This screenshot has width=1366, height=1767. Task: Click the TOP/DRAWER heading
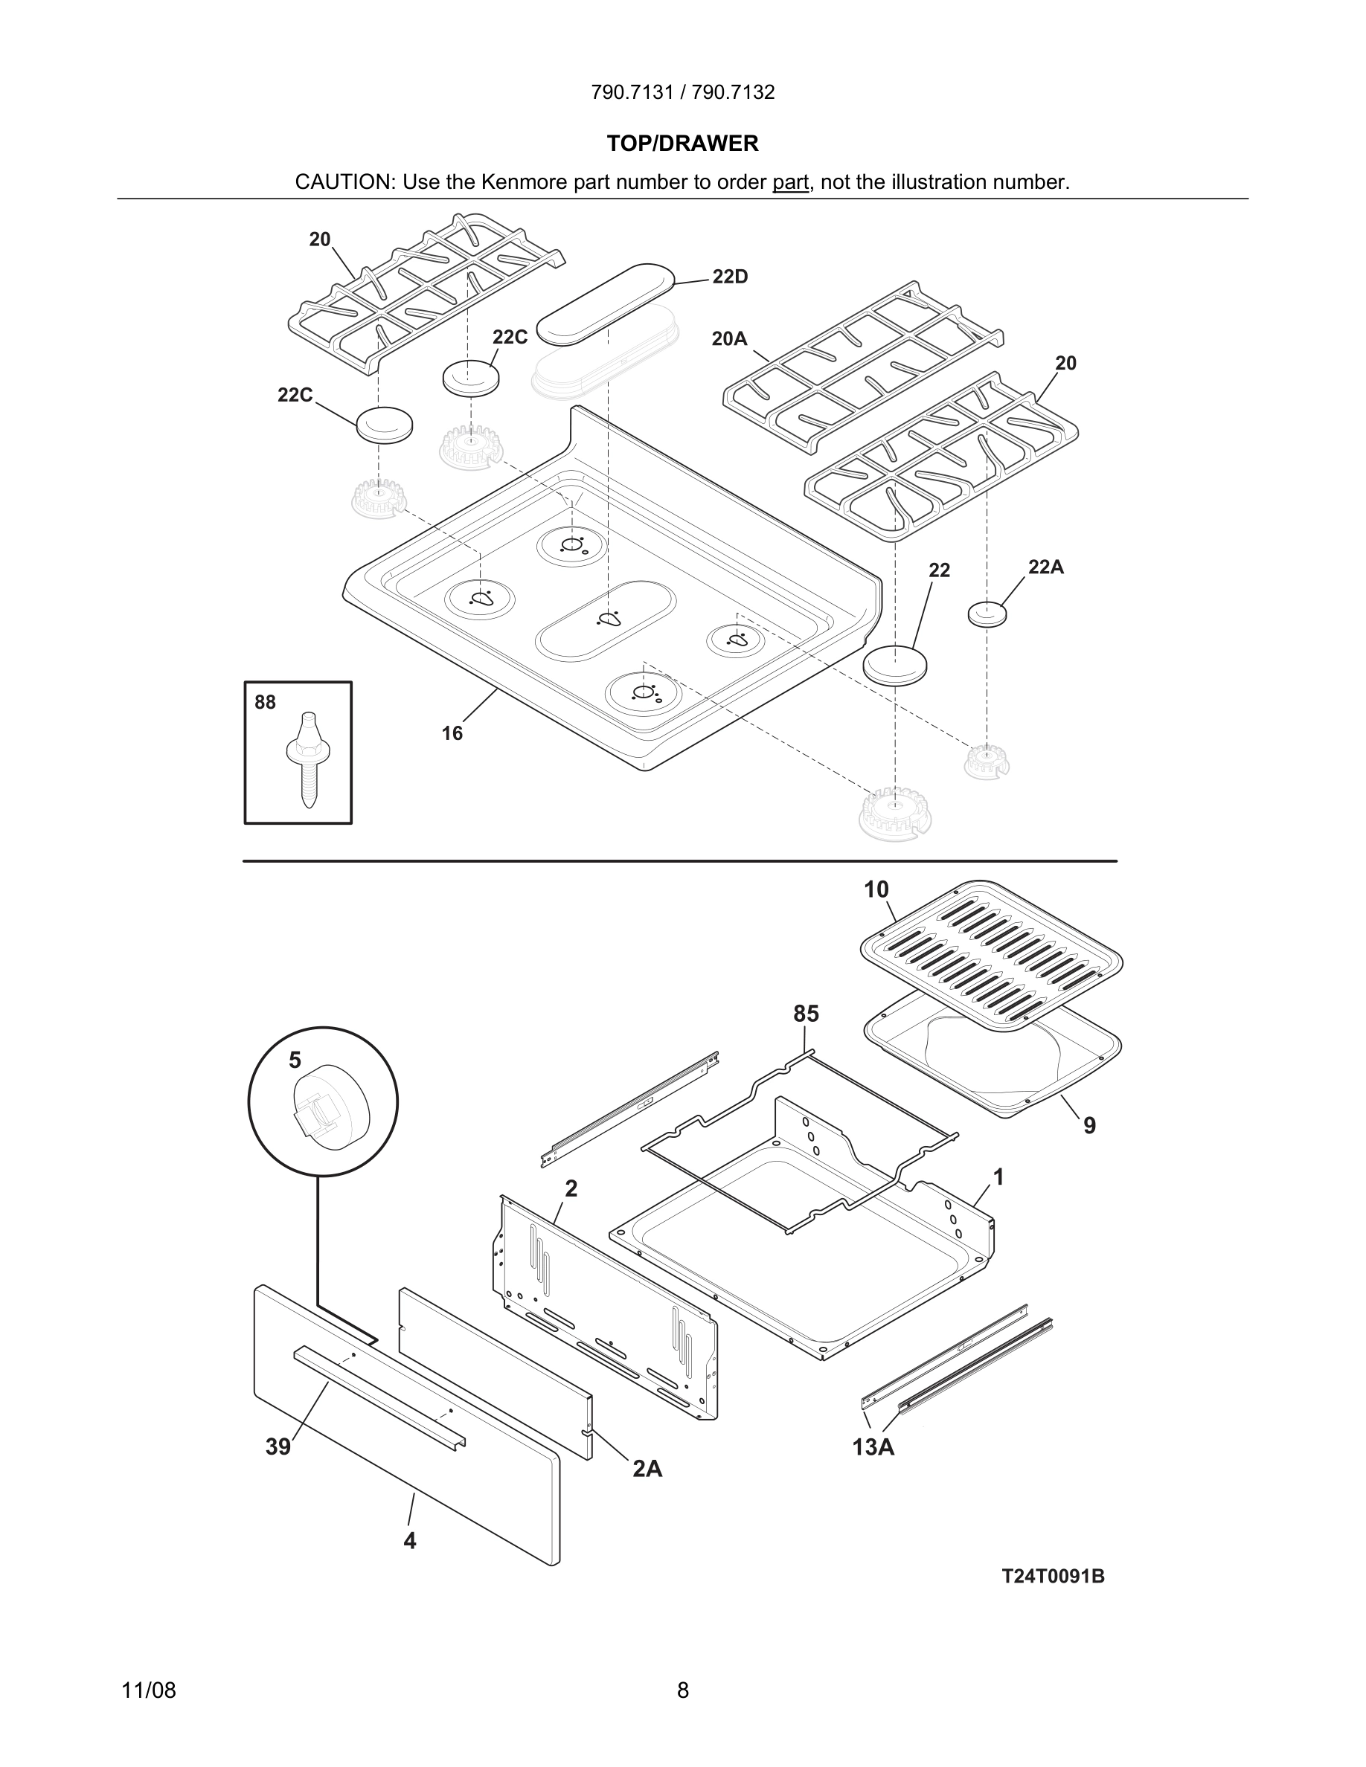tap(682, 144)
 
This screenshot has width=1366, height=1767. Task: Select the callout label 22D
tap(730, 277)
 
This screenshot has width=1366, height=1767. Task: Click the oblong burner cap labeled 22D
tap(606, 303)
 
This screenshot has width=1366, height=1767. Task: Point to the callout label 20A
tap(729, 339)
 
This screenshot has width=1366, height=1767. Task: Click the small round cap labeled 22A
tap(987, 614)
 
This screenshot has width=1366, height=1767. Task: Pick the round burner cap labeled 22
tap(894, 665)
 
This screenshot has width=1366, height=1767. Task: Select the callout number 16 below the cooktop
tap(452, 733)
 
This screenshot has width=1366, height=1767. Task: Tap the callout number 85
tap(805, 1014)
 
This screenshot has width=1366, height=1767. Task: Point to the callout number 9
tap(1089, 1125)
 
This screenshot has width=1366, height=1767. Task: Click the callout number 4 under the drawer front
tap(409, 1541)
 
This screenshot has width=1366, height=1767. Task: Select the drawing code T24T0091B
tap(1053, 1576)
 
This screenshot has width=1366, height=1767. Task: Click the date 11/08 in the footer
tap(149, 1690)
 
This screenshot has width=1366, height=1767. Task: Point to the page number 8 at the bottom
tap(682, 1690)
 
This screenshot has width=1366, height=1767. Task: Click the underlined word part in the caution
tap(790, 183)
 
